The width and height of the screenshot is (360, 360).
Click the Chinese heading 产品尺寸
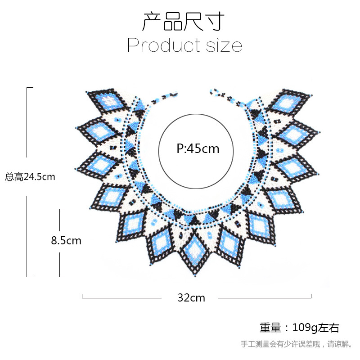183,21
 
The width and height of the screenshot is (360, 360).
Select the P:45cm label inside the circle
198,148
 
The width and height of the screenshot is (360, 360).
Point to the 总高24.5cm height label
30,177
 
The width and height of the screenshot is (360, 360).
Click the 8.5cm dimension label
66,241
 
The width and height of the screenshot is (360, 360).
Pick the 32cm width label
191,297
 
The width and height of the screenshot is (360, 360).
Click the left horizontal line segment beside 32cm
121,297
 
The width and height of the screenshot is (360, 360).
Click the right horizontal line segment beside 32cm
265,297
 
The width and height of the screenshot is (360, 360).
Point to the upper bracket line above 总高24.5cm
27,121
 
